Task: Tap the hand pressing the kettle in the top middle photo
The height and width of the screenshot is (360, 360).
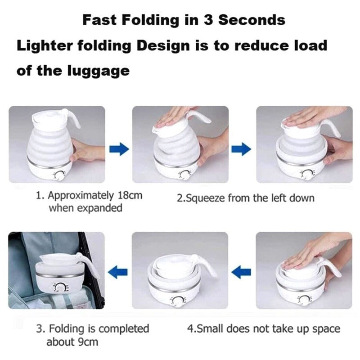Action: tap(173, 116)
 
